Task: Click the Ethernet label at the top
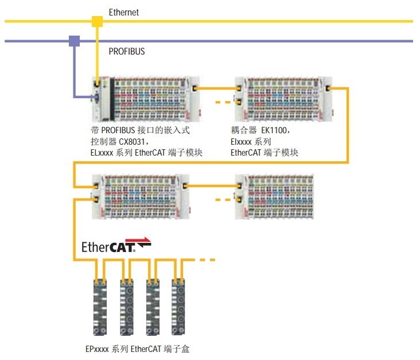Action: point(124,11)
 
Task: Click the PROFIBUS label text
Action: point(127,51)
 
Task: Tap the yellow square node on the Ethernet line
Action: point(97,22)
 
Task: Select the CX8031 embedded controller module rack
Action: point(147,99)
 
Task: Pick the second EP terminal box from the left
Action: point(126,308)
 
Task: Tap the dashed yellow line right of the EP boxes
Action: point(205,260)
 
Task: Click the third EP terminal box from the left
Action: point(153,308)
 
